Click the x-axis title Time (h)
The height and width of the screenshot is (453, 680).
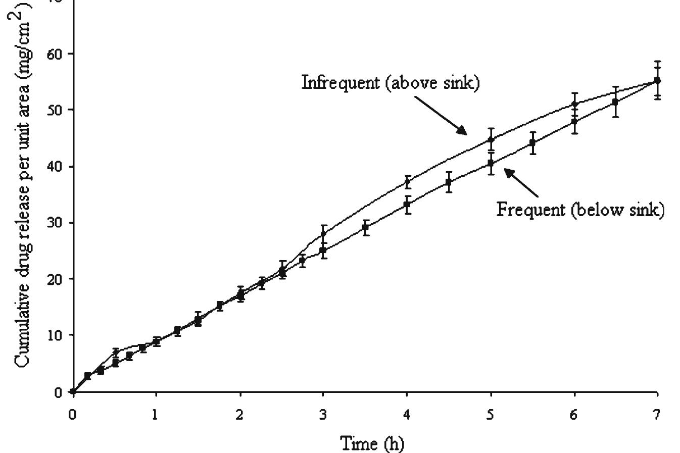tap(372, 443)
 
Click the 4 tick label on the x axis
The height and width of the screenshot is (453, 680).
tap(407, 415)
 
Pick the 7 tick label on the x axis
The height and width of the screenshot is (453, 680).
tap(657, 415)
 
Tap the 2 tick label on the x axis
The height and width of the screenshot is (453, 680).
tap(240, 415)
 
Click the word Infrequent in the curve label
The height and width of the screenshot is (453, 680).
tap(340, 82)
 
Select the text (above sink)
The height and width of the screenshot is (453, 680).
tap(432, 82)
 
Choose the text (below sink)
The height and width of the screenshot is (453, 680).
tap(618, 209)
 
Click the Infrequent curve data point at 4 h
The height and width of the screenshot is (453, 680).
tap(407, 182)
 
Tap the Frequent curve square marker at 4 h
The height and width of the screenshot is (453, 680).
tap(407, 205)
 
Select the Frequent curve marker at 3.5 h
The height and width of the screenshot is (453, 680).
tap(365, 227)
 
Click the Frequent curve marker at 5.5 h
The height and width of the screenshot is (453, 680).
tap(532, 143)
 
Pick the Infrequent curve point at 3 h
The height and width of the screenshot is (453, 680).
tap(323, 234)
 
